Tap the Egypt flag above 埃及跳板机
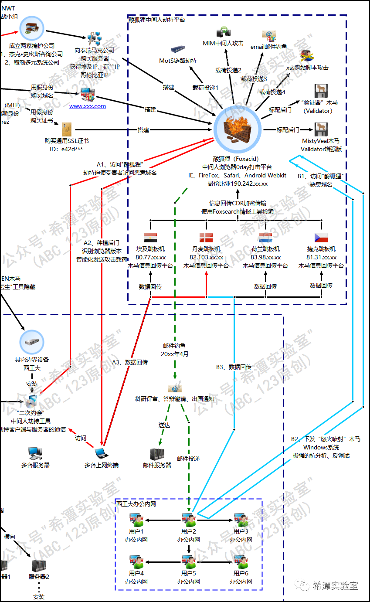click(x=150, y=238)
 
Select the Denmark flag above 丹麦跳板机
click(x=206, y=238)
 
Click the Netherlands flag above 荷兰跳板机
click(x=265, y=238)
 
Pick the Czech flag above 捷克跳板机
click(x=321, y=238)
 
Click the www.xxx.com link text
click(x=88, y=106)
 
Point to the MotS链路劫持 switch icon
click(x=178, y=50)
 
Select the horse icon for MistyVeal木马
click(x=321, y=129)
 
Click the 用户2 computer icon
click(x=189, y=519)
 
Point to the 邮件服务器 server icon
click(x=157, y=454)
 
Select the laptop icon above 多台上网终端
click(x=101, y=452)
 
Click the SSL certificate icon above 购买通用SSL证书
click(x=67, y=129)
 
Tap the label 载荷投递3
click(x=254, y=78)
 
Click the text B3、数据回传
click(x=234, y=367)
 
